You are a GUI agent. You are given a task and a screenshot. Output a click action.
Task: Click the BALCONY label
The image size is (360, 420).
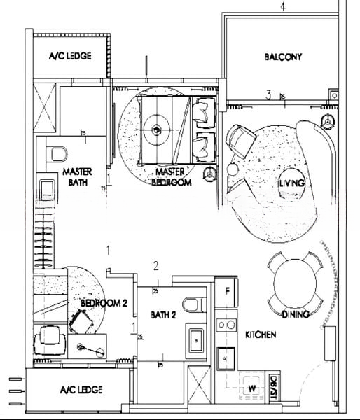click(283, 57)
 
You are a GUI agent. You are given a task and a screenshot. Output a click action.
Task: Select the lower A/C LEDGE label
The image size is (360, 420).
click(81, 390)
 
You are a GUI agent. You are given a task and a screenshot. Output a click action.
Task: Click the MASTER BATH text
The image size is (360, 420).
click(78, 176)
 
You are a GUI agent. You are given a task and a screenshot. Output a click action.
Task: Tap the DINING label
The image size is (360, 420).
click(296, 315)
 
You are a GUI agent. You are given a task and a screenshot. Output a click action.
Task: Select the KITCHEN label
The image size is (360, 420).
click(261, 335)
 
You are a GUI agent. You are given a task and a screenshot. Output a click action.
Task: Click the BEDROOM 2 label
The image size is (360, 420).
click(103, 303)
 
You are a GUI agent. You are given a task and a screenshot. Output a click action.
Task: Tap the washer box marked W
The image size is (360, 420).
click(249, 388)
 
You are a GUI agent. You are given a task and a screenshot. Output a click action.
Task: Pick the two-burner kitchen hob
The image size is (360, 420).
click(226, 325)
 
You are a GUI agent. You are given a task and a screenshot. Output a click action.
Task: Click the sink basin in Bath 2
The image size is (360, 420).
click(197, 341)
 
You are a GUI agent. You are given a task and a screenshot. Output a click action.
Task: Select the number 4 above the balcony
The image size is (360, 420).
click(282, 7)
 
